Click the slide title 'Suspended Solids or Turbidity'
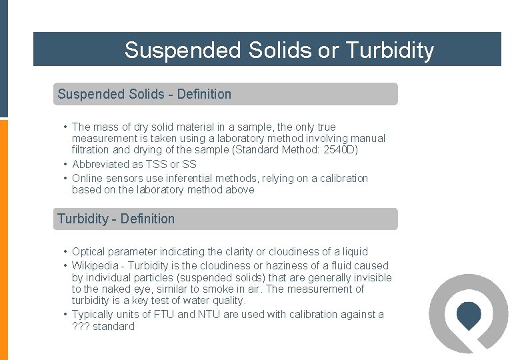279,50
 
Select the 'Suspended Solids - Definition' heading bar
225,94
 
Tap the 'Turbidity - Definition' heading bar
225,219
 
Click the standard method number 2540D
342,150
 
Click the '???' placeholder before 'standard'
81,327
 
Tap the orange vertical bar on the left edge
4,240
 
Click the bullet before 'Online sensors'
65,179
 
